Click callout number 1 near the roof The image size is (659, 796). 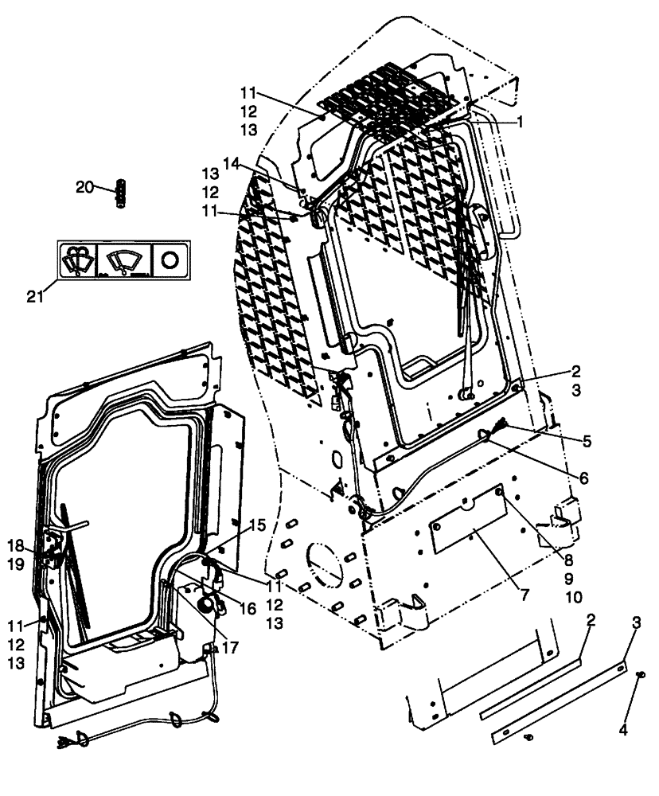click(x=521, y=123)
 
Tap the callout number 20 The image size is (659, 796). click(x=84, y=187)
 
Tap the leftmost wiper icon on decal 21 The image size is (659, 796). click(x=78, y=259)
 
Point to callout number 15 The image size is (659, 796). click(x=256, y=525)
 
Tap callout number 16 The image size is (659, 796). click(x=247, y=608)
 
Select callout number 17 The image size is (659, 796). click(x=231, y=648)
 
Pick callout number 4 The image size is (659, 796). click(x=623, y=729)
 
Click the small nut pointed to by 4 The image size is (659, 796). click(x=641, y=675)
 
